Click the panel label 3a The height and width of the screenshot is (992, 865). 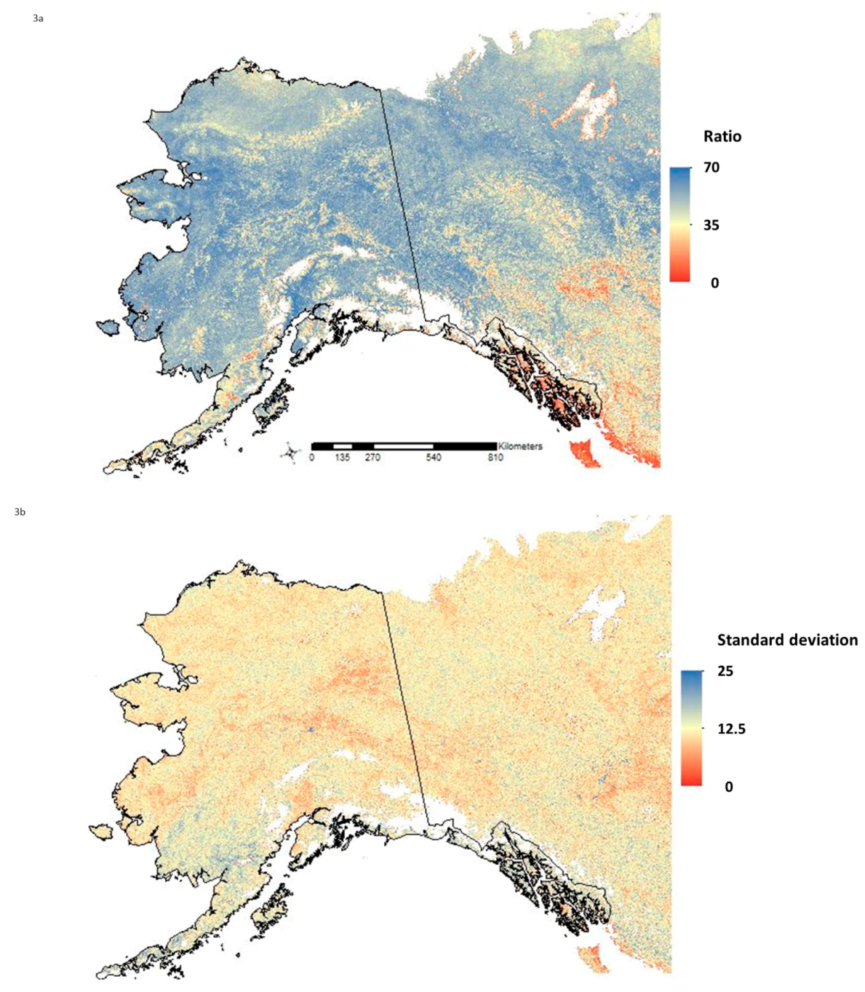coord(39,18)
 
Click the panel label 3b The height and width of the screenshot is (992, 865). coord(20,512)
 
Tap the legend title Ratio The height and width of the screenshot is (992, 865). coord(722,136)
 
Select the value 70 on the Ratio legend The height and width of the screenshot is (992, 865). coord(711,167)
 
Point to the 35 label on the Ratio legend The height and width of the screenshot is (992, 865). coord(711,225)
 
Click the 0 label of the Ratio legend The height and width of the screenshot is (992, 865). coord(714,282)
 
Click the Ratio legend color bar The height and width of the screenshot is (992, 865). coord(679,224)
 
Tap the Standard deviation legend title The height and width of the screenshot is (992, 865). coord(787,640)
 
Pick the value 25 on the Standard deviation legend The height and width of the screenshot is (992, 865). coord(725,671)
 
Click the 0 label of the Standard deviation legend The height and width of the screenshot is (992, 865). coord(729,786)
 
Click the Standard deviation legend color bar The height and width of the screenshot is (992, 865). coord(692,728)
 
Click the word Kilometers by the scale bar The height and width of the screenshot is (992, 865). coord(520,446)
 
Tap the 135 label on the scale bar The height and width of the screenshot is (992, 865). coord(343,458)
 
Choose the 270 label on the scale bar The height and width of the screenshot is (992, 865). coord(372,458)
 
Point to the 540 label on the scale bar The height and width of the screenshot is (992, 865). coord(434,458)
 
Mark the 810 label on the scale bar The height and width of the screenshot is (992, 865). coord(495,458)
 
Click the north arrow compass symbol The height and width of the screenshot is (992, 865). coord(290,454)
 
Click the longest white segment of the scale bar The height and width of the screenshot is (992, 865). coord(404,445)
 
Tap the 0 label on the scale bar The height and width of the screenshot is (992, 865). coord(311,458)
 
